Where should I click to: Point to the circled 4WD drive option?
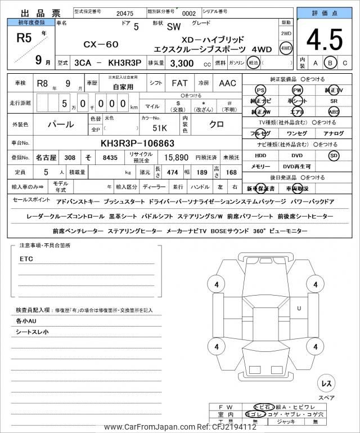tap(286, 48)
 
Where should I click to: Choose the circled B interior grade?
tap(331, 63)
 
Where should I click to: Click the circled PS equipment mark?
tap(260, 90)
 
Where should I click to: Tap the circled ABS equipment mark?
tap(334, 111)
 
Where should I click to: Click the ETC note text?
tap(26, 259)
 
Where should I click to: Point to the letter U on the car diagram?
tap(299, 308)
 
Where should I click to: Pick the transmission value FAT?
tap(179, 83)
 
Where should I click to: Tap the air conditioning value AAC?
tap(227, 83)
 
